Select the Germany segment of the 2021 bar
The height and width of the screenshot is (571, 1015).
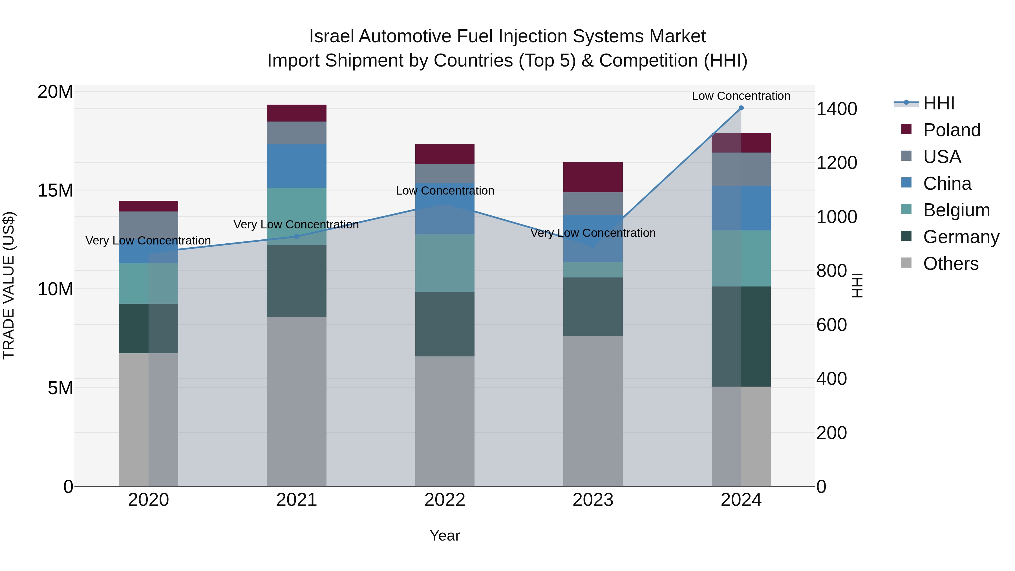click(x=296, y=281)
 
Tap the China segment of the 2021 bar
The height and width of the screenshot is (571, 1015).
click(x=296, y=166)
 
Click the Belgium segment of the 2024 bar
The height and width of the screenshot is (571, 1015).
click(x=741, y=258)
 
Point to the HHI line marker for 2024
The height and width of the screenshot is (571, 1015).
click(x=741, y=108)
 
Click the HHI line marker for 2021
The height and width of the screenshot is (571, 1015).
click(x=297, y=237)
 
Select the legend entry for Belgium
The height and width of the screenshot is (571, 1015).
click(x=956, y=210)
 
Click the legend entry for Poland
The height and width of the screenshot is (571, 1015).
click(x=952, y=130)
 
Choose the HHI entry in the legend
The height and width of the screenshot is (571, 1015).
click(x=939, y=103)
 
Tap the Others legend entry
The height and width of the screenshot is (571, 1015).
click(x=950, y=264)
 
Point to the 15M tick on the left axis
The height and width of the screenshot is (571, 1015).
click(x=55, y=190)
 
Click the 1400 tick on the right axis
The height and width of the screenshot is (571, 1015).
click(x=836, y=109)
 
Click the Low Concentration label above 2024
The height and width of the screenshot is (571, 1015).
click(x=741, y=96)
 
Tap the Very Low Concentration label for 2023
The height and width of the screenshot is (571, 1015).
click(x=593, y=233)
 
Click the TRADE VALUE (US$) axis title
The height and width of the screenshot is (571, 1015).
click(x=9, y=285)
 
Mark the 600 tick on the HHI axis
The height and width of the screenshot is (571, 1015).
click(x=831, y=325)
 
